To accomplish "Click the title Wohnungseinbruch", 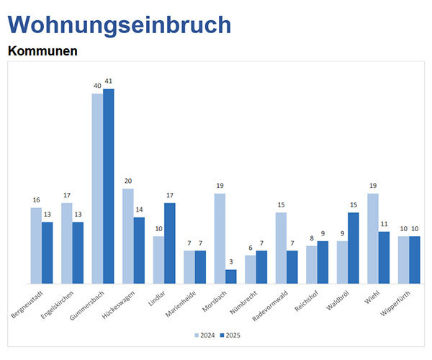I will click(119, 24).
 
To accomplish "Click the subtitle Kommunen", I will click(42, 52).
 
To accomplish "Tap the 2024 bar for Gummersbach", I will click(97, 189).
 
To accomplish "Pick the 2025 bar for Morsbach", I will click(231, 276).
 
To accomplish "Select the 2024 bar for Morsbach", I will click(220, 238).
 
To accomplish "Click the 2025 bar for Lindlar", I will click(170, 243).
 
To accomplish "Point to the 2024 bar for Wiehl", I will click(373, 238).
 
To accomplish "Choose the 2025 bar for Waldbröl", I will click(354, 248).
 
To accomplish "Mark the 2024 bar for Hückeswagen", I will click(128, 236).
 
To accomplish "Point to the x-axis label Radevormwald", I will click(271, 305).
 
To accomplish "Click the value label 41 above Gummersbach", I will click(109, 81).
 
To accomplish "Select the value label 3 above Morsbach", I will click(231, 262).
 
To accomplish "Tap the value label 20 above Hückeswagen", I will click(128, 181).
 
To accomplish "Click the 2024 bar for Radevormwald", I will click(281, 248).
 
